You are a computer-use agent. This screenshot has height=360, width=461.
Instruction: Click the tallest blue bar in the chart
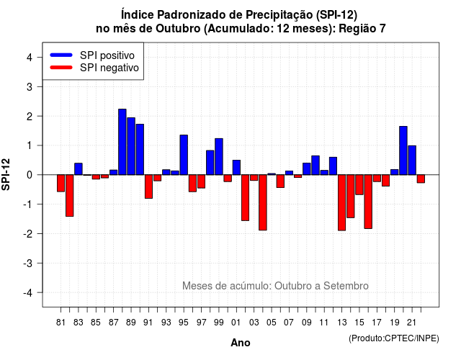coord(122,142)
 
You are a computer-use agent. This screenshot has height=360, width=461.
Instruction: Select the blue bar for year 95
coord(184,155)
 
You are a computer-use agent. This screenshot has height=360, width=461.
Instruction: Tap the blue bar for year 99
coord(219,157)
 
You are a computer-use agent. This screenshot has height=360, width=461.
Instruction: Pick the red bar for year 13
coord(341,203)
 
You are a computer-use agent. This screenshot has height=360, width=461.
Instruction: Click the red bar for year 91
coord(149,186)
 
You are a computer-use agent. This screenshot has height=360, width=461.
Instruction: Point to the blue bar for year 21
coord(412,160)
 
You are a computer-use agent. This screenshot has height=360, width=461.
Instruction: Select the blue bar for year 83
coord(79,169)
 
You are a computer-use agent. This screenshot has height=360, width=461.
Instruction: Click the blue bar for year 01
coord(236,168)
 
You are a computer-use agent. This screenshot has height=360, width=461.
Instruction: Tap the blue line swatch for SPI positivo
coord(61,55)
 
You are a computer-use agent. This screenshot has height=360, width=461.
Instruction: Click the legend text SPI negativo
coord(109,68)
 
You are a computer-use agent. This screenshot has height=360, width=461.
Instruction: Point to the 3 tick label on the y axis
coord(30,86)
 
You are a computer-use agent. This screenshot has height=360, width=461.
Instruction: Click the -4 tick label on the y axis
coord(28,293)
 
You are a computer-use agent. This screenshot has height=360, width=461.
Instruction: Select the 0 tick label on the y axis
coord(30,175)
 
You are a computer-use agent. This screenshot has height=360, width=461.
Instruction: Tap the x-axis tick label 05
coord(272,323)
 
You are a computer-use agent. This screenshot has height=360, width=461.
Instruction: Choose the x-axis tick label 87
coord(114,323)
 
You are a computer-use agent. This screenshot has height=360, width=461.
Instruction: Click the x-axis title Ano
coord(241,343)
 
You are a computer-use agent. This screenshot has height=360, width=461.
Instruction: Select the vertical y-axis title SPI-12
coord(6,174)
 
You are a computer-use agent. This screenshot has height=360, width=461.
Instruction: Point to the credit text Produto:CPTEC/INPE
coord(394,338)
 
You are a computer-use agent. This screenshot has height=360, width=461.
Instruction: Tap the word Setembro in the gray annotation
coord(346,286)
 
